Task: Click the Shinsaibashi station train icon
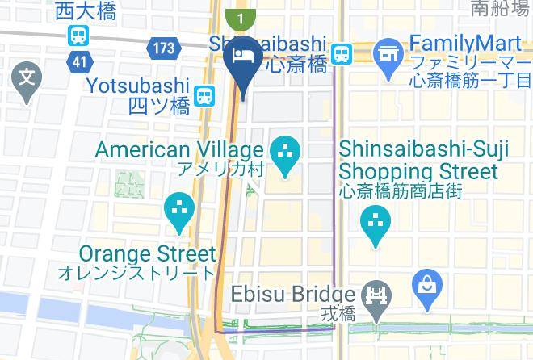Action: click(x=342, y=52)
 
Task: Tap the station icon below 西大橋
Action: click(x=78, y=35)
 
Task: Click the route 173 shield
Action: click(x=163, y=48)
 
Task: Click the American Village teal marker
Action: click(x=284, y=152)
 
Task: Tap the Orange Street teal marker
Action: click(x=178, y=210)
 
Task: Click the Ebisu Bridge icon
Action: click(x=376, y=294)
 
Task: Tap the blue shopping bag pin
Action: click(x=426, y=286)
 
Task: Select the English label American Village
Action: click(x=179, y=149)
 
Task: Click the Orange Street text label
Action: click(x=147, y=254)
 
